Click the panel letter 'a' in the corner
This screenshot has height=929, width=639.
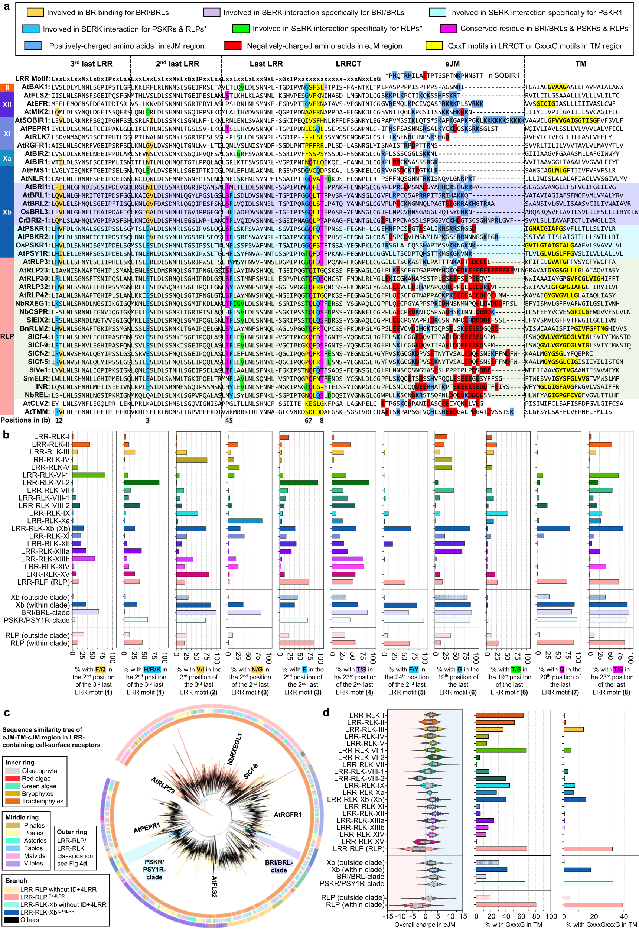point(6,7)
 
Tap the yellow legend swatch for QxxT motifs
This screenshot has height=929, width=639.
point(434,46)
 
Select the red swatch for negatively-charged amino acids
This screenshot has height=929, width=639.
point(233,46)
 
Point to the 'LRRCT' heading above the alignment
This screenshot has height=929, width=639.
point(348,64)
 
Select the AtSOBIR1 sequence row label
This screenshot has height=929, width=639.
point(32,120)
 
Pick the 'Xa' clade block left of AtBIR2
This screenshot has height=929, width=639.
point(7,158)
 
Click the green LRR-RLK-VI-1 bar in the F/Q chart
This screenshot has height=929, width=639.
point(88,475)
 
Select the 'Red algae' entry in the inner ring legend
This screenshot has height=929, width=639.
point(36,779)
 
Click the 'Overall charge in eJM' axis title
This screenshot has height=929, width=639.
point(424,925)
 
